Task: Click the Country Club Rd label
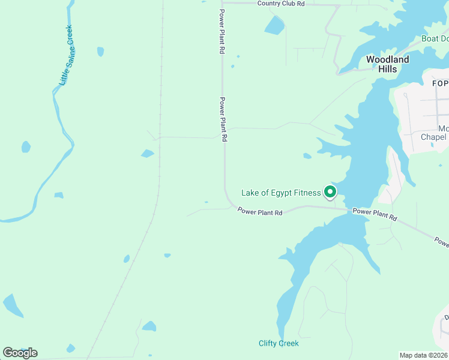[281, 4]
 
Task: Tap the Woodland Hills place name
[387, 64]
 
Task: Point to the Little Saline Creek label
[66, 55]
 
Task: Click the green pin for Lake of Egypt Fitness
[330, 192]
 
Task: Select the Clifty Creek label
[279, 343]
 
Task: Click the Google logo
[20, 353]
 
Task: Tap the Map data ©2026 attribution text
[424, 355]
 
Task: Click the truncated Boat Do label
[435, 38]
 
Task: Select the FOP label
[440, 82]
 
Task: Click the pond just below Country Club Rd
[274, 25]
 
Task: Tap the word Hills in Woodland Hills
[387, 69]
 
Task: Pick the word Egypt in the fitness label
[276, 193]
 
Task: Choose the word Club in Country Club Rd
[286, 4]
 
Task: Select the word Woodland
[387, 59]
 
